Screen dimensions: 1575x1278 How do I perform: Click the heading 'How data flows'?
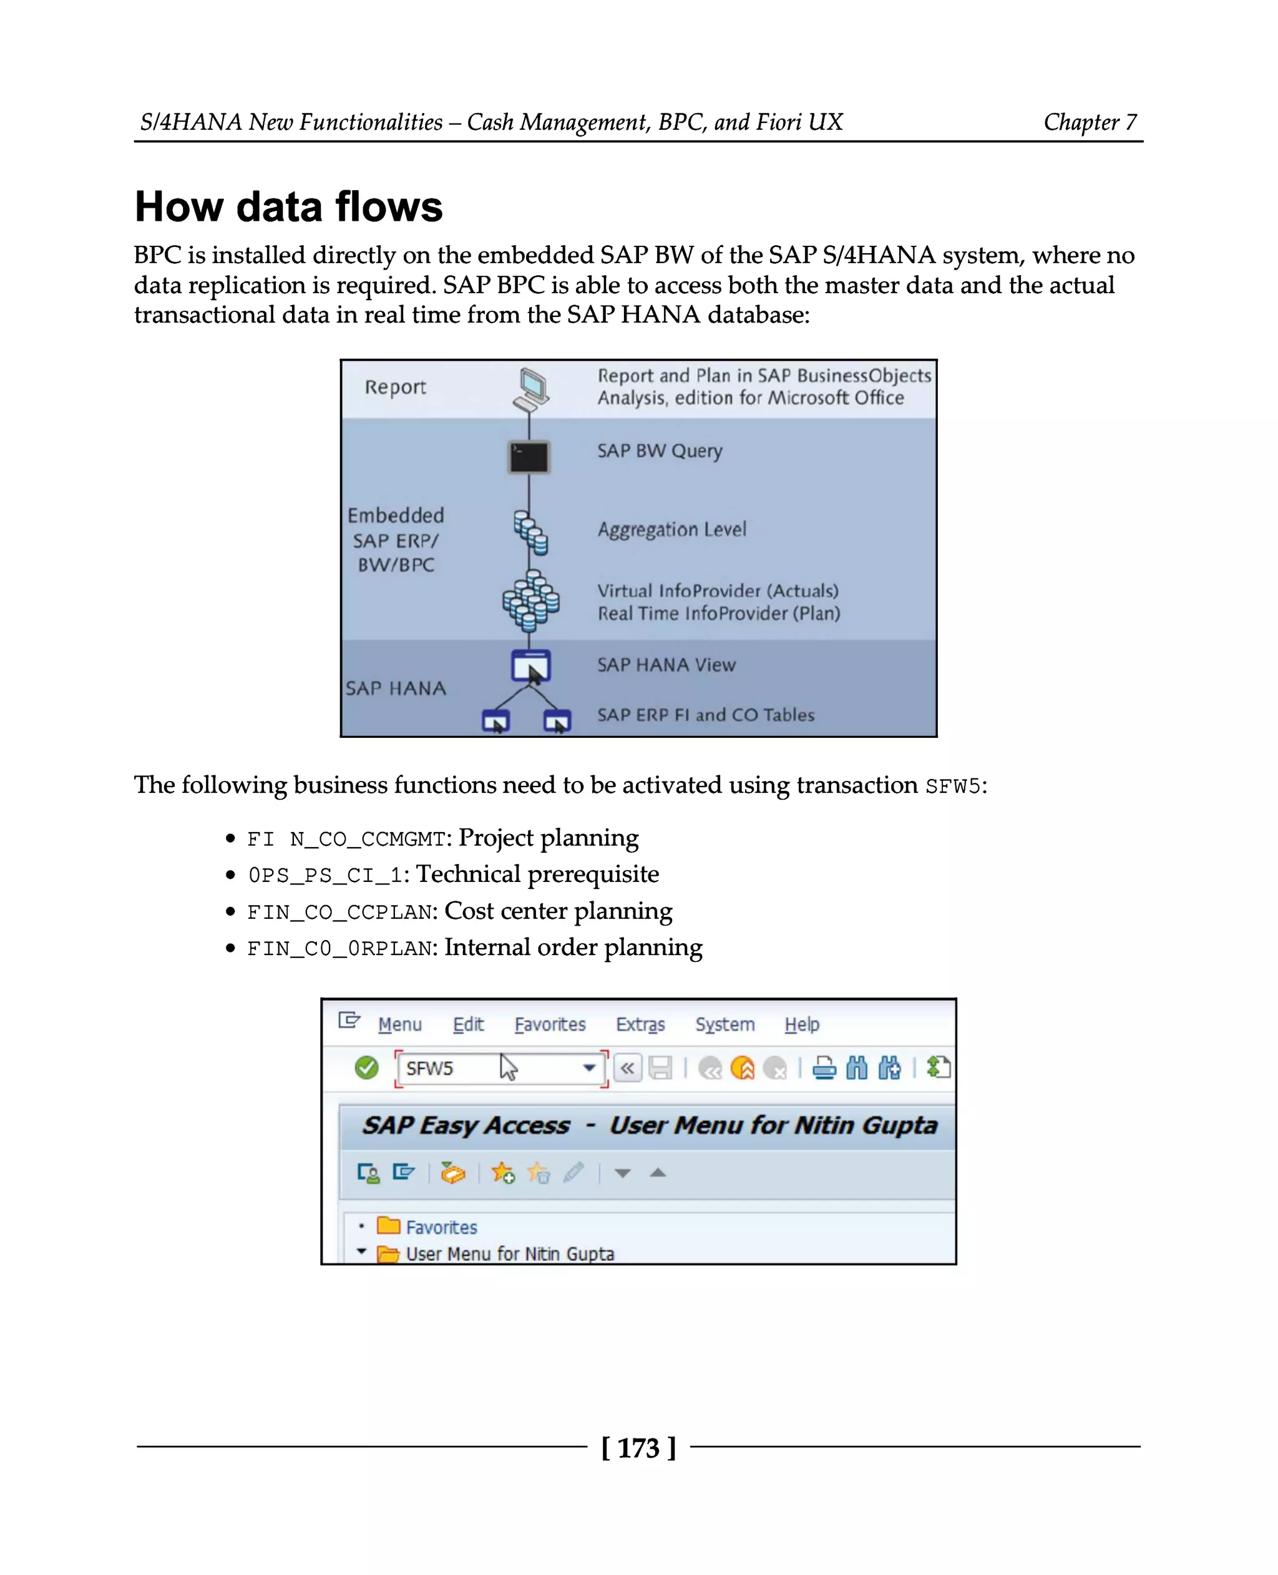(288, 207)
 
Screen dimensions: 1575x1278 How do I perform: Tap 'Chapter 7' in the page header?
(1090, 122)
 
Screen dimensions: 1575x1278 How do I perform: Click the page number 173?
(638, 1448)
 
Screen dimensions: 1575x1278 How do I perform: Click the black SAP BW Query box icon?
(529, 457)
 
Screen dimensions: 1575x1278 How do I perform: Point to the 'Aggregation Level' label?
(671, 529)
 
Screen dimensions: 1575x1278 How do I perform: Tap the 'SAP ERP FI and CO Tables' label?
(705, 715)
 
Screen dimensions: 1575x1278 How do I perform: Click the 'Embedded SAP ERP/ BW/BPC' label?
(396, 540)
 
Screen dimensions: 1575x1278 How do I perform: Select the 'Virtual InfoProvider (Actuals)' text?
(717, 590)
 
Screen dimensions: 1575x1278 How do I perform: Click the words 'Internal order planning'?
(573, 947)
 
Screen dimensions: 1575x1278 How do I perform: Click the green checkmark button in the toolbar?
(366, 1067)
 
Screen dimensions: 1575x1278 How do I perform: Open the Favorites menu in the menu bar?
(549, 1024)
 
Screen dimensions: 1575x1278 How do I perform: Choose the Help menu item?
(801, 1024)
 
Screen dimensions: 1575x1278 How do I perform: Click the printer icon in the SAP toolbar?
(824, 1067)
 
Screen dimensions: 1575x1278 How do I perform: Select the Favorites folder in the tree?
(440, 1227)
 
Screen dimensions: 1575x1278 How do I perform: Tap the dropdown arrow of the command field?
(589, 1067)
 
